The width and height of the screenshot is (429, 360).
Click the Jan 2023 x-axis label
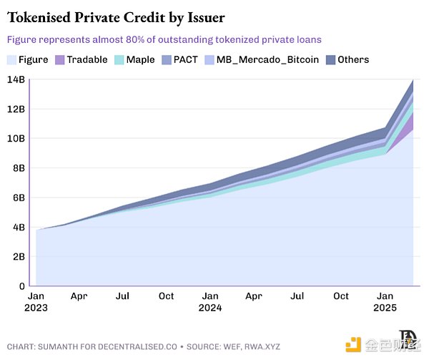click(x=36, y=301)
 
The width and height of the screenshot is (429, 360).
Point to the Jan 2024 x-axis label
click(x=210, y=301)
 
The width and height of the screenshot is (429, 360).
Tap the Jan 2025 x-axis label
click(x=384, y=301)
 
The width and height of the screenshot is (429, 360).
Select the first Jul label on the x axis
click(x=123, y=295)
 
